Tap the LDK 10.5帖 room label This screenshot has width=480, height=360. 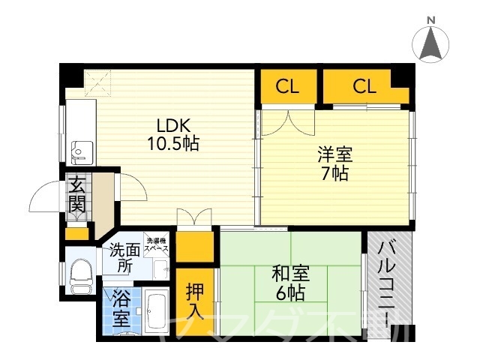point(177,134)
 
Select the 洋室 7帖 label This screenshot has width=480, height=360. point(334,164)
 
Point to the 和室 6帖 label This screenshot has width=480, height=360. point(291,283)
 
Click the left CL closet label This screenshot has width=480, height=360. point(286,86)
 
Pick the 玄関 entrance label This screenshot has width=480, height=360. point(76,194)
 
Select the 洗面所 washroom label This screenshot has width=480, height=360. point(124,258)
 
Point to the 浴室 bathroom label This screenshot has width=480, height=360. point(120,308)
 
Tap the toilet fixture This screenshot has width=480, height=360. point(79,276)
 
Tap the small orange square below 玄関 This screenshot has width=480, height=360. point(76,233)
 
